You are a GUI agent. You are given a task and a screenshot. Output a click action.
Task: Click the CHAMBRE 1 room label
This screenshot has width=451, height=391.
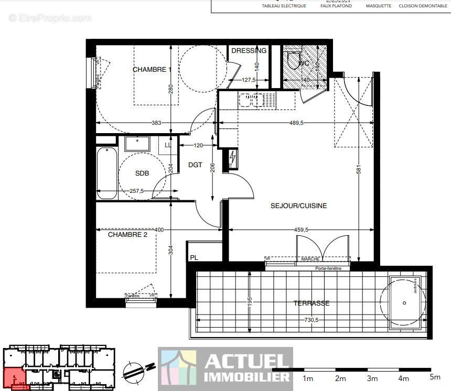tap(152, 70)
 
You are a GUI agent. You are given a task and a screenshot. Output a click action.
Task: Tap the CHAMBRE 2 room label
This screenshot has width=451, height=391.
tap(127, 235)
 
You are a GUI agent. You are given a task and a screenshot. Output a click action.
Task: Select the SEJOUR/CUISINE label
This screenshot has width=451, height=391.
tap(298, 206)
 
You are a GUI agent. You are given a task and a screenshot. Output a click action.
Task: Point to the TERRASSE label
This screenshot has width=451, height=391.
tap(311, 303)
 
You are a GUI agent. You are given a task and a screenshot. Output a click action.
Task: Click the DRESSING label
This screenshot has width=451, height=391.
tap(249, 51)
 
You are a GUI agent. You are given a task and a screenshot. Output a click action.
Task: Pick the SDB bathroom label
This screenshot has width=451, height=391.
tap(142, 173)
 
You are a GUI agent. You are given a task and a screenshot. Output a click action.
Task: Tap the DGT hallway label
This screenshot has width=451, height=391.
tap(195, 165)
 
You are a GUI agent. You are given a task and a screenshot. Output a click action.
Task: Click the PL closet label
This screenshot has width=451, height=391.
tap(194, 258)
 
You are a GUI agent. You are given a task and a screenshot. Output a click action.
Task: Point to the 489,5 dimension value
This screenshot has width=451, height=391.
tap(296, 123)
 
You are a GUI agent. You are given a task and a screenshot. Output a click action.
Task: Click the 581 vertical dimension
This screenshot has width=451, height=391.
tap(358, 171)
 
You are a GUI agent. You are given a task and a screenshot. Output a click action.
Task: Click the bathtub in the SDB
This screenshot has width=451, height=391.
tap(107, 173)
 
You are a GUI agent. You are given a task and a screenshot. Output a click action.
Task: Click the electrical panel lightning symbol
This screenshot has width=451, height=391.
tap(233, 157)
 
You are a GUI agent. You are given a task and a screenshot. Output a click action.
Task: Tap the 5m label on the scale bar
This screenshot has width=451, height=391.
tap(435, 377)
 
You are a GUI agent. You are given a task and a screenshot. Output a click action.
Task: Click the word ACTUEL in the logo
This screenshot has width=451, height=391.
tap(247, 361)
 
